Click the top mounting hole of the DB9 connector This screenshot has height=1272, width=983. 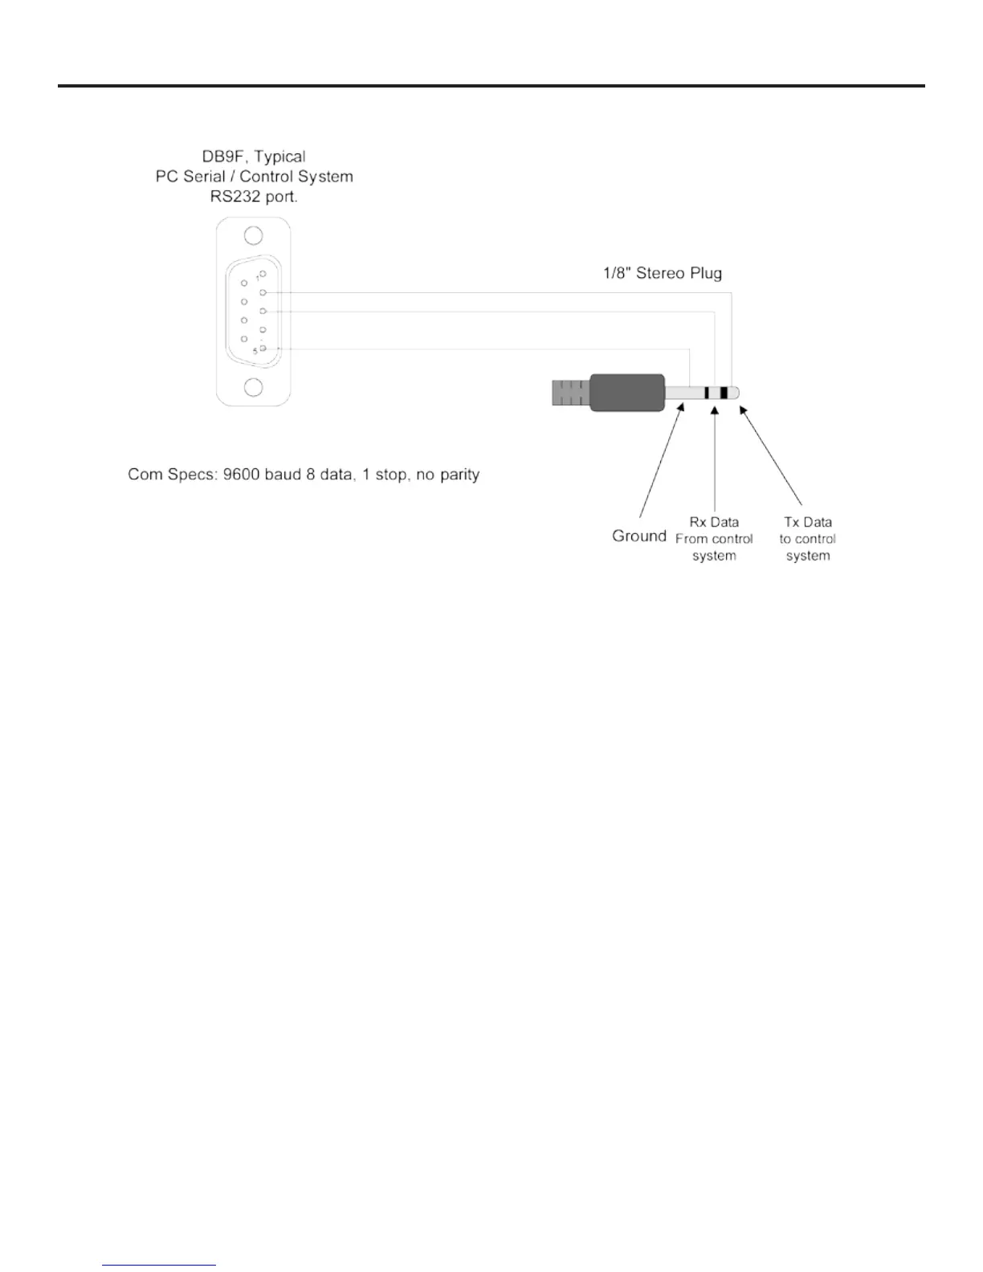click(253, 236)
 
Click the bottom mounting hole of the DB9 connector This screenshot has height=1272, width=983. click(253, 388)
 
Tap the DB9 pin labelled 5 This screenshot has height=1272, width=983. click(263, 349)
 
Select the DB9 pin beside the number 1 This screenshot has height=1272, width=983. click(263, 274)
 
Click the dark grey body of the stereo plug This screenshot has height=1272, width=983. click(627, 393)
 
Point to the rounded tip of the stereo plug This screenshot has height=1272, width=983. click(734, 393)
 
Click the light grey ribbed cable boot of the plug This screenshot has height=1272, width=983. click(570, 393)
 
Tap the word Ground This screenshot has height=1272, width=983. click(639, 536)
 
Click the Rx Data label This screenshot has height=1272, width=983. click(714, 522)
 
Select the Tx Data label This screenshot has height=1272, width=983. click(808, 522)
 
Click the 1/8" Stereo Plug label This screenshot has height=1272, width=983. click(663, 273)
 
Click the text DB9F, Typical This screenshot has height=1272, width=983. click(254, 157)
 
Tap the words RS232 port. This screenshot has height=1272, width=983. click(254, 197)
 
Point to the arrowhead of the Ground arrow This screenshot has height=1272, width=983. click(682, 407)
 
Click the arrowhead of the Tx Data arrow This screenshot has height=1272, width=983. click(741, 410)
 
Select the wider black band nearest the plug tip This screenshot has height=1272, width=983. click(724, 393)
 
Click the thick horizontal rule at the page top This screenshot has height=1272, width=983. click(491, 86)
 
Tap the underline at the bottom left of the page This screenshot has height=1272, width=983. click(159, 1266)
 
